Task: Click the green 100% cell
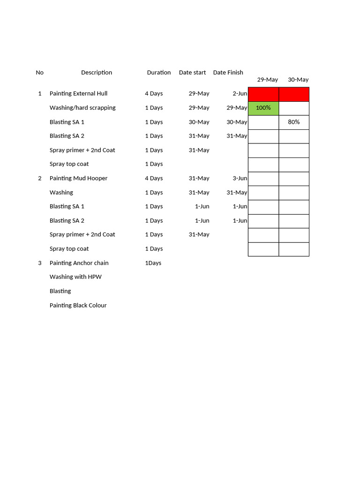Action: pyautogui.click(x=263, y=108)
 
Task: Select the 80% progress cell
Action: pyautogui.click(x=294, y=122)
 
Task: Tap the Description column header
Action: pyautogui.click(x=97, y=73)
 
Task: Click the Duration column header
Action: pyautogui.click(x=159, y=73)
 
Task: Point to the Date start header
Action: pyautogui.click(x=192, y=73)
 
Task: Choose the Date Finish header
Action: pyautogui.click(x=228, y=73)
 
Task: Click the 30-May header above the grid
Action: pyautogui.click(x=298, y=80)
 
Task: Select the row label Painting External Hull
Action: pyautogui.click(x=78, y=94)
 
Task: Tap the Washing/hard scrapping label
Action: pyautogui.click(x=82, y=108)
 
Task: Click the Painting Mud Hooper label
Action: pyautogui.click(x=78, y=178)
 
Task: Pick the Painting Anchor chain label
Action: pyautogui.click(x=79, y=263)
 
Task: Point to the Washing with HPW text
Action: pyautogui.click(x=75, y=277)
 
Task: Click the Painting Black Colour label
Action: pyautogui.click(x=78, y=305)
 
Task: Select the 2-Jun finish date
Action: pyautogui.click(x=240, y=94)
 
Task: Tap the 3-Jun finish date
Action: pyautogui.click(x=240, y=178)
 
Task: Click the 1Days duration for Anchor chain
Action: pyautogui.click(x=153, y=263)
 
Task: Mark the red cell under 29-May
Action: pyautogui.click(x=263, y=94)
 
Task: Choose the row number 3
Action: pyautogui.click(x=40, y=263)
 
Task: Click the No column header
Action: pyautogui.click(x=39, y=73)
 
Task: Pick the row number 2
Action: pyautogui.click(x=40, y=178)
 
